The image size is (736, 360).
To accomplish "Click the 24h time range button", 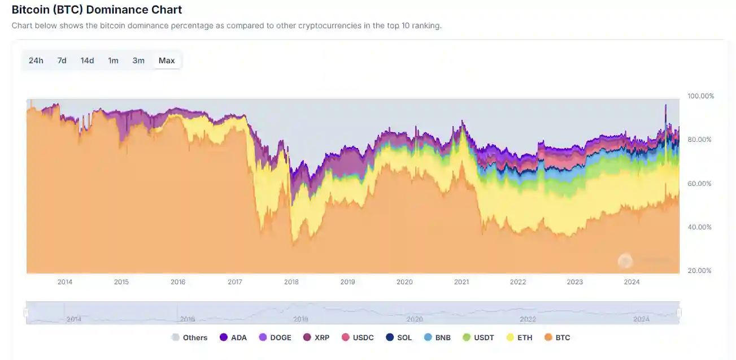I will (x=36, y=60).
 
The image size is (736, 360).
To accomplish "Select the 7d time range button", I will (x=62, y=60).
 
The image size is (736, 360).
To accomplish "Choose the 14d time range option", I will (x=87, y=60).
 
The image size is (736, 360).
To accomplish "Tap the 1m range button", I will (x=113, y=60).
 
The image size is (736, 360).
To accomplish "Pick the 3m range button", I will (x=138, y=60).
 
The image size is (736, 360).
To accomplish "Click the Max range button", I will (x=167, y=60).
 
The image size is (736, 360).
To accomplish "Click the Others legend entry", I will (x=189, y=337).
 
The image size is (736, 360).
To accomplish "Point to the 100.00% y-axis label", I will (x=700, y=96).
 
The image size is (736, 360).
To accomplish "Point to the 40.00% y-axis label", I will (x=699, y=227).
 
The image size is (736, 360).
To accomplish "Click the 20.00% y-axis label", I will (x=699, y=271).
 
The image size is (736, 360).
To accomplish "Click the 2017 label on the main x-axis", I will (x=235, y=282).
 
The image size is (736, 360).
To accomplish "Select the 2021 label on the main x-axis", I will (x=461, y=282).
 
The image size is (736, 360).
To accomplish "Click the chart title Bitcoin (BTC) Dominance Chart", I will (x=97, y=10).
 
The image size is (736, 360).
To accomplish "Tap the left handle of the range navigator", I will (x=26, y=313).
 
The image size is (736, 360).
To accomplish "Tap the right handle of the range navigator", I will (x=679, y=313).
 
